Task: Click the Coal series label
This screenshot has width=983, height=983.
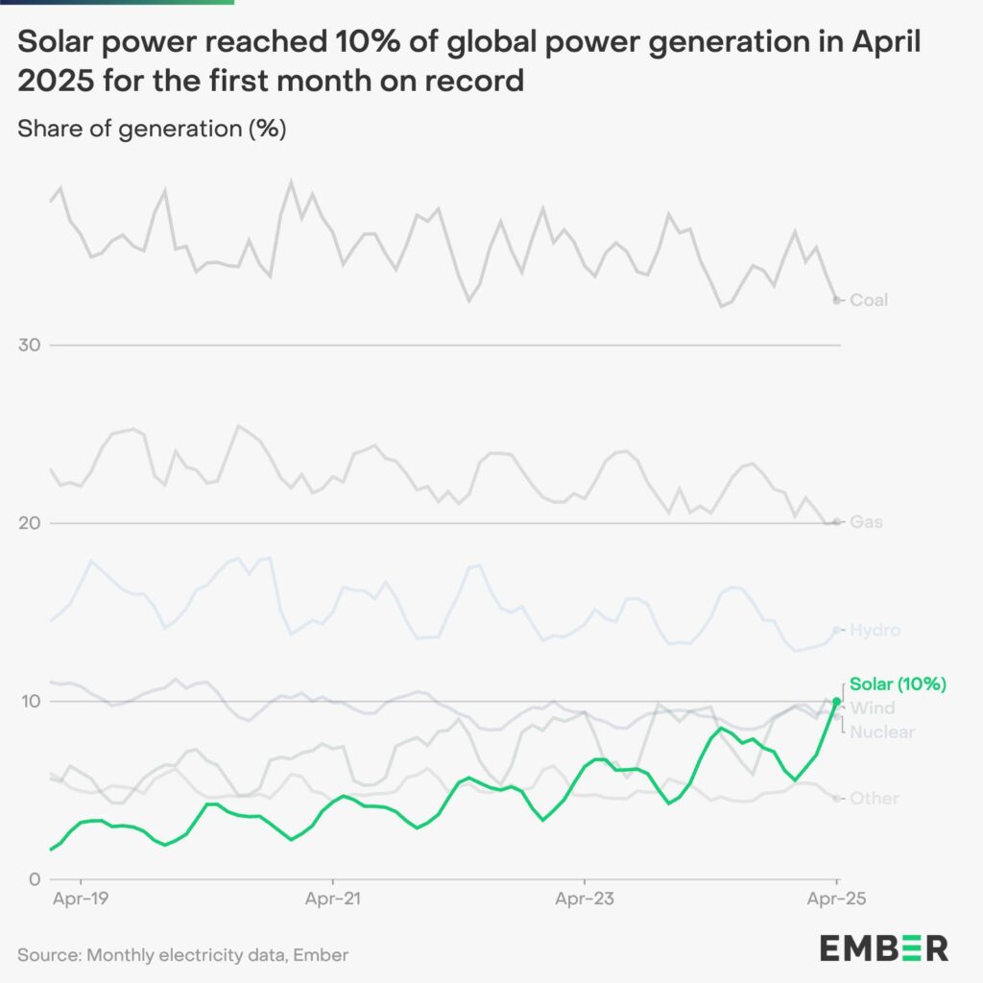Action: point(869,300)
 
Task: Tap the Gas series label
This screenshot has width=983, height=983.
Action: point(867,522)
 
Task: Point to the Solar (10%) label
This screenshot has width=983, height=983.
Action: point(899,684)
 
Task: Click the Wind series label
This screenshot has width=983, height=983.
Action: point(873,708)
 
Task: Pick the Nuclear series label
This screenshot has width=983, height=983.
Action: point(882,732)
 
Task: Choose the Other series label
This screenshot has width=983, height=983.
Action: point(874,799)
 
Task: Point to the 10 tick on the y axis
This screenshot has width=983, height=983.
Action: point(31,702)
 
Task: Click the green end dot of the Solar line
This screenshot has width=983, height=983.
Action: point(836,702)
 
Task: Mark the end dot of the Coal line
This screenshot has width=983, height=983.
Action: point(836,300)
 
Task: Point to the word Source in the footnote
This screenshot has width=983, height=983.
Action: point(47,954)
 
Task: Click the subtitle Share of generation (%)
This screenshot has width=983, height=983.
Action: point(152,129)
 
